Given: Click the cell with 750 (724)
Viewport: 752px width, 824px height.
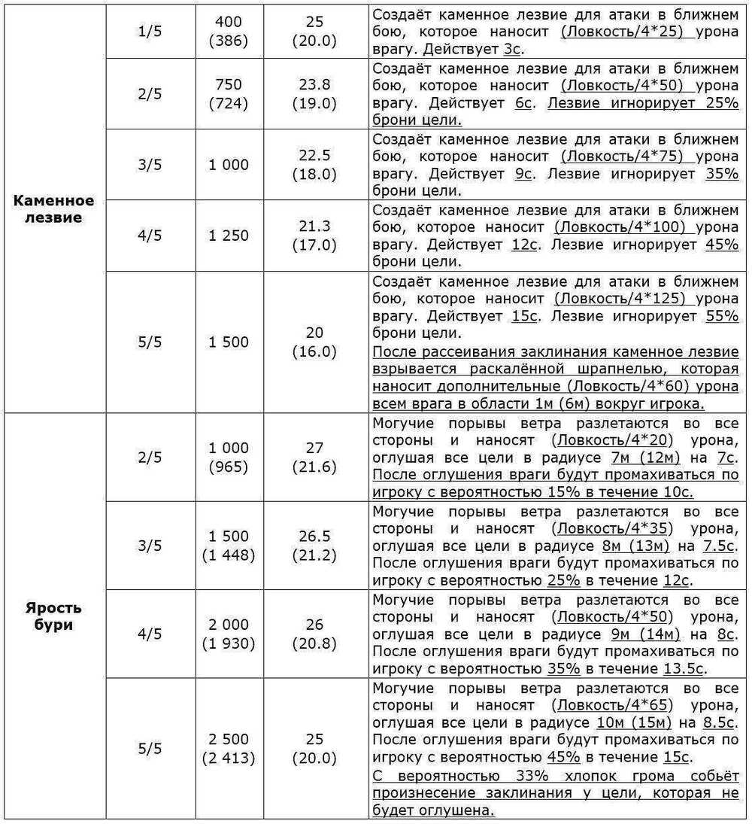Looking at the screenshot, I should coord(229,94).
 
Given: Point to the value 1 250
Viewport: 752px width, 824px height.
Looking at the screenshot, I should coord(229,236).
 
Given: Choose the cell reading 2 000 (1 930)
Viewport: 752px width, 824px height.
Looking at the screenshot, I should coord(229,634).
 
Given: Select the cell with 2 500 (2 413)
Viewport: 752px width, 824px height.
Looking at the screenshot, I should coord(229,748).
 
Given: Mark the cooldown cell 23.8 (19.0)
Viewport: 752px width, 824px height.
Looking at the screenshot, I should coord(315,94).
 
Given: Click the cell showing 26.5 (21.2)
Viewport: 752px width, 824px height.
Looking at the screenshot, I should coord(315,546).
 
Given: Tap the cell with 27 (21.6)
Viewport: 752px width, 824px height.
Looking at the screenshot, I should coord(315,458).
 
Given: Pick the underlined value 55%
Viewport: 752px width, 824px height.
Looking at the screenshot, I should coord(722,317).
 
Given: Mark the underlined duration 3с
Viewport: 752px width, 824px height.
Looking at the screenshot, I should coord(513,50).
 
